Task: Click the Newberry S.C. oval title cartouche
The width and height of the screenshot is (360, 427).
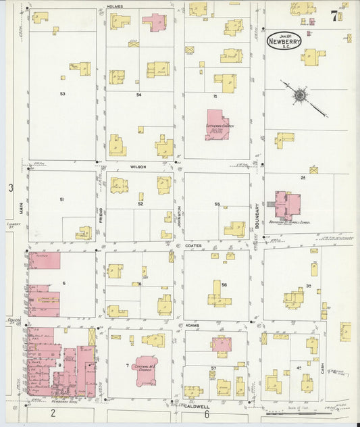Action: point(284,40)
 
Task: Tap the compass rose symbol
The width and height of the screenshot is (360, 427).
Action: point(299,95)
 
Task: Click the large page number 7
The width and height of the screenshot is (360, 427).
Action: point(334,15)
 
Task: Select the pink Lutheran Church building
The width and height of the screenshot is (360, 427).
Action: point(217,126)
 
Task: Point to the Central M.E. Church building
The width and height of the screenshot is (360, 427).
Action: point(146,370)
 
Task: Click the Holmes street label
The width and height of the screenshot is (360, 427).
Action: point(115,6)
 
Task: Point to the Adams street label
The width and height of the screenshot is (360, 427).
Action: point(192,325)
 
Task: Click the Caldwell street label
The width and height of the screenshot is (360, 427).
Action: point(196,407)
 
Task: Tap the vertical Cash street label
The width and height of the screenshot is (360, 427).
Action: point(323,368)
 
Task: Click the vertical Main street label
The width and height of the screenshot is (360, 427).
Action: point(22,209)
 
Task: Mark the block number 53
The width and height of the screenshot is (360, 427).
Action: point(62,94)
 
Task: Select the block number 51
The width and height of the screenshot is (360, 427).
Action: point(61,200)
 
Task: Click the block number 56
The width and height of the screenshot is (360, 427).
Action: point(224,284)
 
